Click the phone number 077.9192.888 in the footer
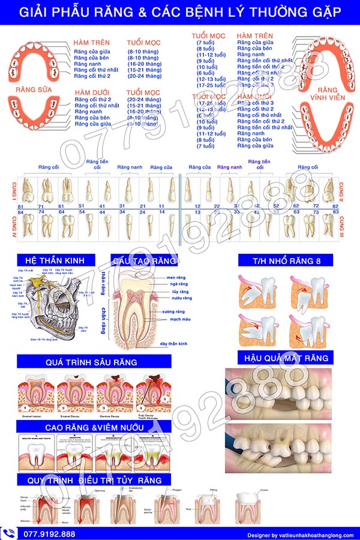coord(49,533)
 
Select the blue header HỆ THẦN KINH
coord(56,260)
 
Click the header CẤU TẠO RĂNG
coord(144,260)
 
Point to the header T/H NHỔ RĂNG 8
coord(284,260)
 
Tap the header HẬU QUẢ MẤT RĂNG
coord(286,358)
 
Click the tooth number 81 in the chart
coord(21,206)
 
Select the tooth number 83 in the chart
coord(335,212)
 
